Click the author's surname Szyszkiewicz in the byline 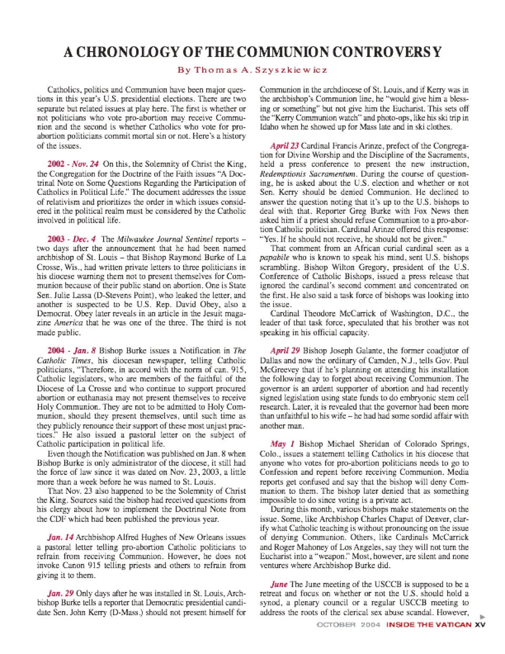(x=288, y=70)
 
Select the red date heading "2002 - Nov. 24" (x=73, y=164)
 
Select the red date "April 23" (x=285, y=146)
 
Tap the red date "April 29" (x=285, y=351)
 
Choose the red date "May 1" (x=282, y=444)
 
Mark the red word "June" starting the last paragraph (x=279, y=584)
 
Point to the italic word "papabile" (x=275, y=258)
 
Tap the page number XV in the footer (x=480, y=625)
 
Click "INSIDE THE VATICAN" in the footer (x=429, y=625)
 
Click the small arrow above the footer (x=483, y=616)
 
